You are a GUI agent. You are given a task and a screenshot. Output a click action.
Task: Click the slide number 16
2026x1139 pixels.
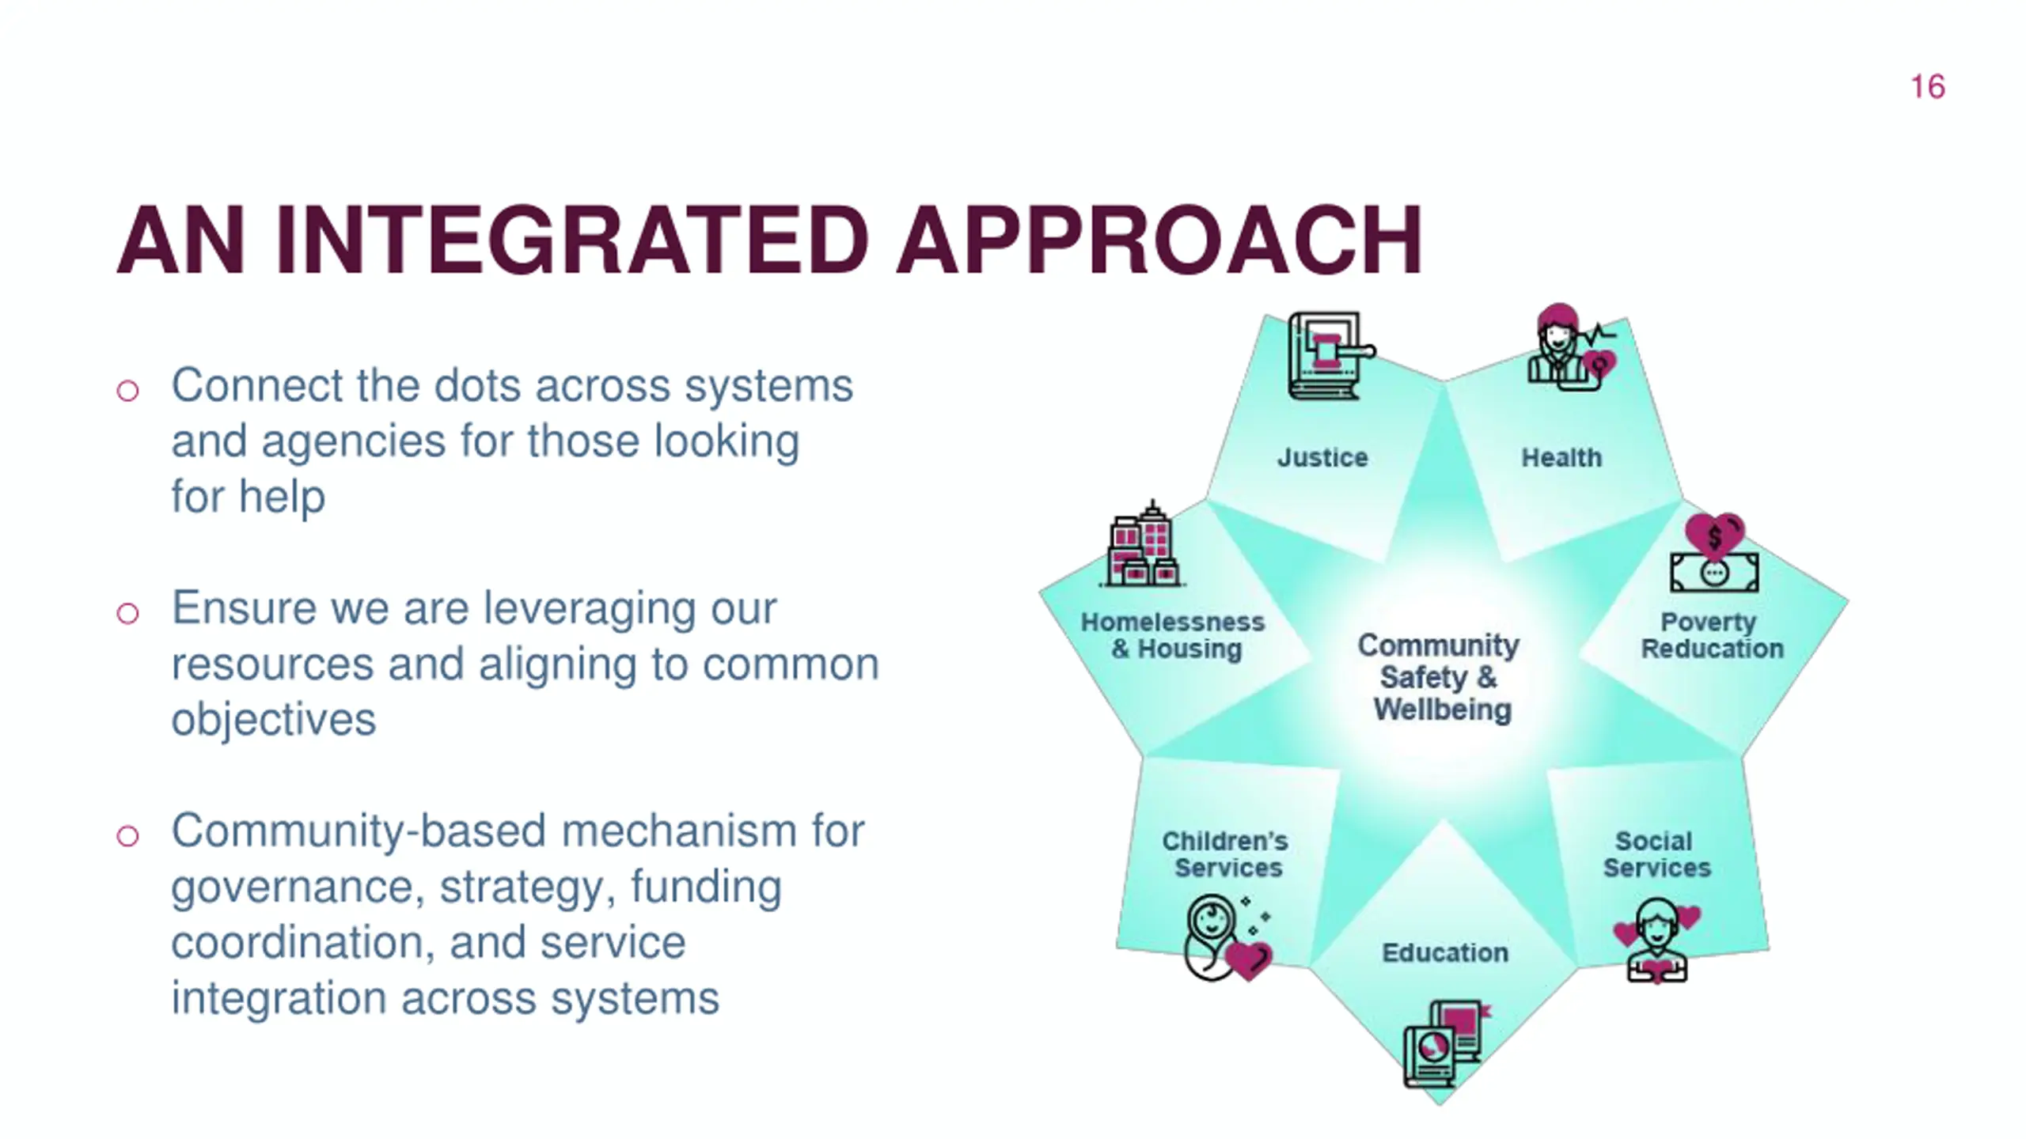point(1927,87)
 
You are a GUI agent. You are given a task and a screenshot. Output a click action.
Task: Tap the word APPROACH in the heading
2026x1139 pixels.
point(1159,240)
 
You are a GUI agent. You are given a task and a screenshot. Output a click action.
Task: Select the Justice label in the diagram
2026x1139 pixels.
point(1322,458)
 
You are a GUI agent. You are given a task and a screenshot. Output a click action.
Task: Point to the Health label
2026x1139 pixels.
point(1561,458)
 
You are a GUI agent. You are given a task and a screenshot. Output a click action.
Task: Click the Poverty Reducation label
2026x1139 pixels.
point(1711,635)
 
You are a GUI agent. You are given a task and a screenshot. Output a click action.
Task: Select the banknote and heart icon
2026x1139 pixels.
point(1714,554)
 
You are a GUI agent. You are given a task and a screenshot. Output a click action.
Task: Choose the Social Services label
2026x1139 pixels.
point(1656,854)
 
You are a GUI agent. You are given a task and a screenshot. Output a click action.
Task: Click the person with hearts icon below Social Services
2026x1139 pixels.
point(1656,940)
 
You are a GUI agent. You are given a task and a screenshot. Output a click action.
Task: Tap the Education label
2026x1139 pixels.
point(1445,953)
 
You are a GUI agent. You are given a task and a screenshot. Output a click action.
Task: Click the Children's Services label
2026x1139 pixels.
point(1226,854)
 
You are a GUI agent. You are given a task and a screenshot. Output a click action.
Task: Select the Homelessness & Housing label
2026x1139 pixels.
point(1174,635)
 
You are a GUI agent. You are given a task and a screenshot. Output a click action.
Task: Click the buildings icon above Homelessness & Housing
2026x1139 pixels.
point(1142,545)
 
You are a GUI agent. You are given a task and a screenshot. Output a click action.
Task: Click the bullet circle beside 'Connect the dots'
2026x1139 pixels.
point(127,391)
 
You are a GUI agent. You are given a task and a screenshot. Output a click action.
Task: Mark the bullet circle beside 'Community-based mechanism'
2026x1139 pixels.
point(127,836)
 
